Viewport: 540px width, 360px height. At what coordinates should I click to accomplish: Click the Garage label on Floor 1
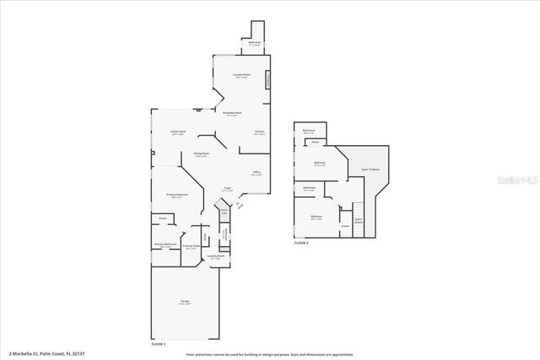coord(185,303)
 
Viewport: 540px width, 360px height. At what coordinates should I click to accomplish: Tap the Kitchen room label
coord(260,132)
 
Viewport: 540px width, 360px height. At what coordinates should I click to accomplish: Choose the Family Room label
coord(177,132)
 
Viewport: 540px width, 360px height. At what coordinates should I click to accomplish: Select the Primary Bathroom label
coord(165,244)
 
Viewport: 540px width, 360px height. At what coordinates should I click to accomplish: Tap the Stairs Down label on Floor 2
coord(359,220)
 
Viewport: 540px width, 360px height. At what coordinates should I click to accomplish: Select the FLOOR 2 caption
coord(301,242)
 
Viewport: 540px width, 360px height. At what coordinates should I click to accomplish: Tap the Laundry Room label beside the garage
coord(217,256)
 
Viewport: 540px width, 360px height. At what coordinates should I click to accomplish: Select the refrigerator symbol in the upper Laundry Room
coord(268,81)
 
